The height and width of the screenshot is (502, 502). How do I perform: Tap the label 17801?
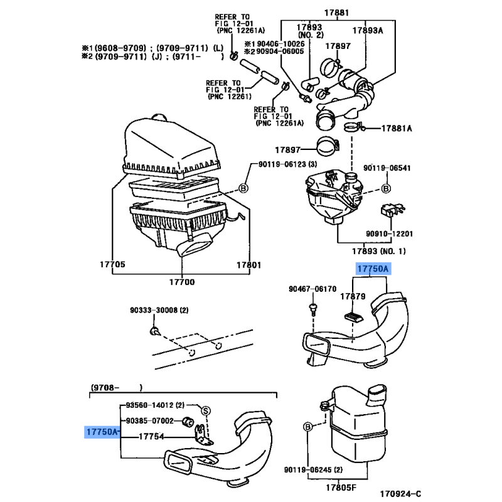tap(247, 264)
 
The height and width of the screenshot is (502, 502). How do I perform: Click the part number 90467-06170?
tap(312, 289)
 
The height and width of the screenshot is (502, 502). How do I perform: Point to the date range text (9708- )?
tap(116, 387)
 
